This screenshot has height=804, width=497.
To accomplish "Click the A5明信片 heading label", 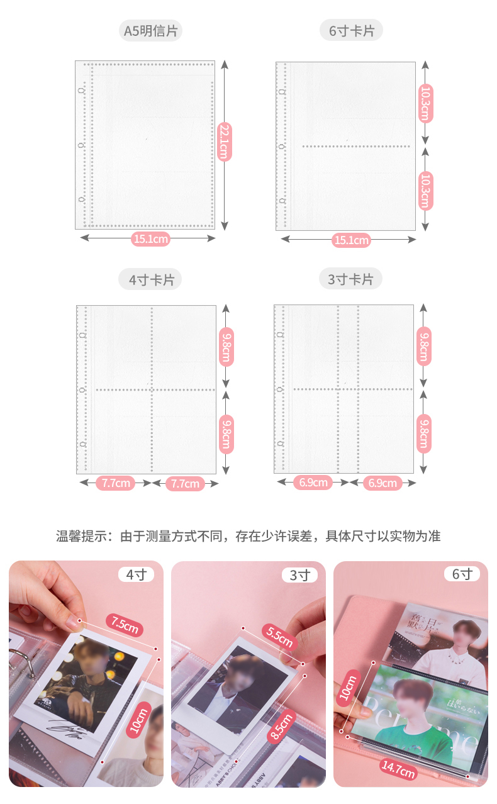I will (151, 30).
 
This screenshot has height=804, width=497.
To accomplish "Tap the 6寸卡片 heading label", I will (351, 30).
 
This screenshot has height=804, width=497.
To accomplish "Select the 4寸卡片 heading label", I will (151, 279).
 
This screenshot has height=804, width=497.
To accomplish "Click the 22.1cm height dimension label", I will (224, 143).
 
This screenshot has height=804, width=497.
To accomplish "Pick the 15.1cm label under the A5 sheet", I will (151, 238).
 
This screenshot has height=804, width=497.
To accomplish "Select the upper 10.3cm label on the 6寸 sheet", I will (425, 103).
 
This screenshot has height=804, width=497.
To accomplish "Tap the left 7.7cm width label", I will (115, 483).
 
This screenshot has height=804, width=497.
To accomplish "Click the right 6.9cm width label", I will (383, 483).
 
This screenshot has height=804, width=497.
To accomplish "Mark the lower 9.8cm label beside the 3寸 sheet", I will (425, 433).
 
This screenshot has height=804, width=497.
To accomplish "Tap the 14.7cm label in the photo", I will (398, 769).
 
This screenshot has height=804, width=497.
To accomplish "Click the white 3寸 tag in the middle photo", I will (299, 575).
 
